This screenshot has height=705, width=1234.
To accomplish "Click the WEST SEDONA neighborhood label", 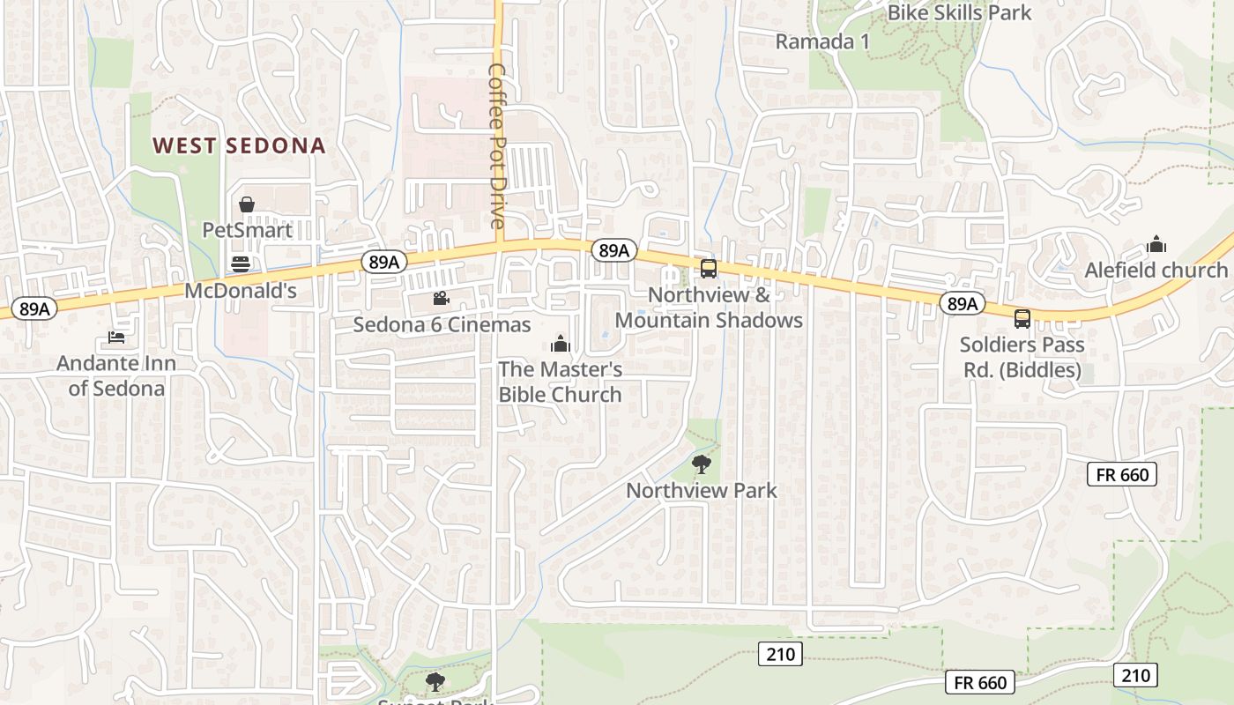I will click(x=239, y=145).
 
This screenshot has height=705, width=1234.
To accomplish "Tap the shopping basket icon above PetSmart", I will click(x=247, y=204).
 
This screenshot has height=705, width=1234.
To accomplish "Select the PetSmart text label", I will click(x=247, y=230).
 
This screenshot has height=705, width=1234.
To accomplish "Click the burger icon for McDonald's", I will click(x=240, y=263).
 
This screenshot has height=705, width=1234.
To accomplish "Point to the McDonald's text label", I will click(x=240, y=290).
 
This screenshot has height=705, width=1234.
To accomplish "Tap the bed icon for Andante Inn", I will click(x=116, y=337).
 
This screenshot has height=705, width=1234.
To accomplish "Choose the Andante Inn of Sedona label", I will click(x=116, y=375).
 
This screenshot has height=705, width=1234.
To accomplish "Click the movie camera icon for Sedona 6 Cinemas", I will click(x=442, y=299).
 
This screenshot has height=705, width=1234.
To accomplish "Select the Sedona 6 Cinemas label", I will click(x=442, y=324).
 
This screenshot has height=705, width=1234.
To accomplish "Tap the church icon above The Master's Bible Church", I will click(x=560, y=344).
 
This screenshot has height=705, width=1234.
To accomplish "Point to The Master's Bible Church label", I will click(x=560, y=382).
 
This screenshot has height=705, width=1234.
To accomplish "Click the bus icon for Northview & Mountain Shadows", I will click(x=708, y=269).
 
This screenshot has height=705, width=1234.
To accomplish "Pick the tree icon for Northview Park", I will click(x=702, y=464).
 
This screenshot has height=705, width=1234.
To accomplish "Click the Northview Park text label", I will click(x=702, y=490).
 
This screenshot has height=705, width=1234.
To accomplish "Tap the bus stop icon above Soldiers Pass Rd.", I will click(x=1022, y=319).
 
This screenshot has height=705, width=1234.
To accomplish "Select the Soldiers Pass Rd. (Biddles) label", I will click(x=1022, y=357).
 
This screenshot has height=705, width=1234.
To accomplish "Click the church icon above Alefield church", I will click(x=1156, y=244).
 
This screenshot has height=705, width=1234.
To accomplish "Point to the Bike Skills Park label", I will click(x=959, y=12).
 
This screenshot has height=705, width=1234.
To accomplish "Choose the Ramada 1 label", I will click(x=815, y=41).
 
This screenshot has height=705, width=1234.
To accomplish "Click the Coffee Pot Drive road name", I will click(x=498, y=145).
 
